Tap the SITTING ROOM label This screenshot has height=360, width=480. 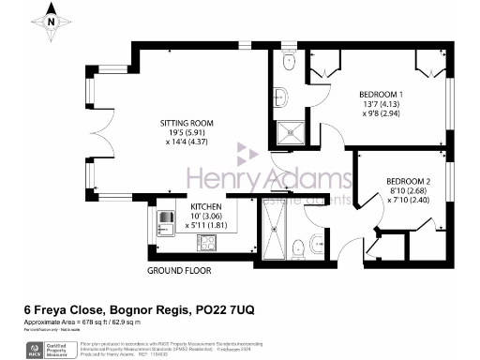tap(187, 123)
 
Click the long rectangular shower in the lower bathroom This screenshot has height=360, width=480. tap(277, 232)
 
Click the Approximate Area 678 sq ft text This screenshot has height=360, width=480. tap(84, 322)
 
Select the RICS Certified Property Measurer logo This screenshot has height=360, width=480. tap(37, 345)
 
